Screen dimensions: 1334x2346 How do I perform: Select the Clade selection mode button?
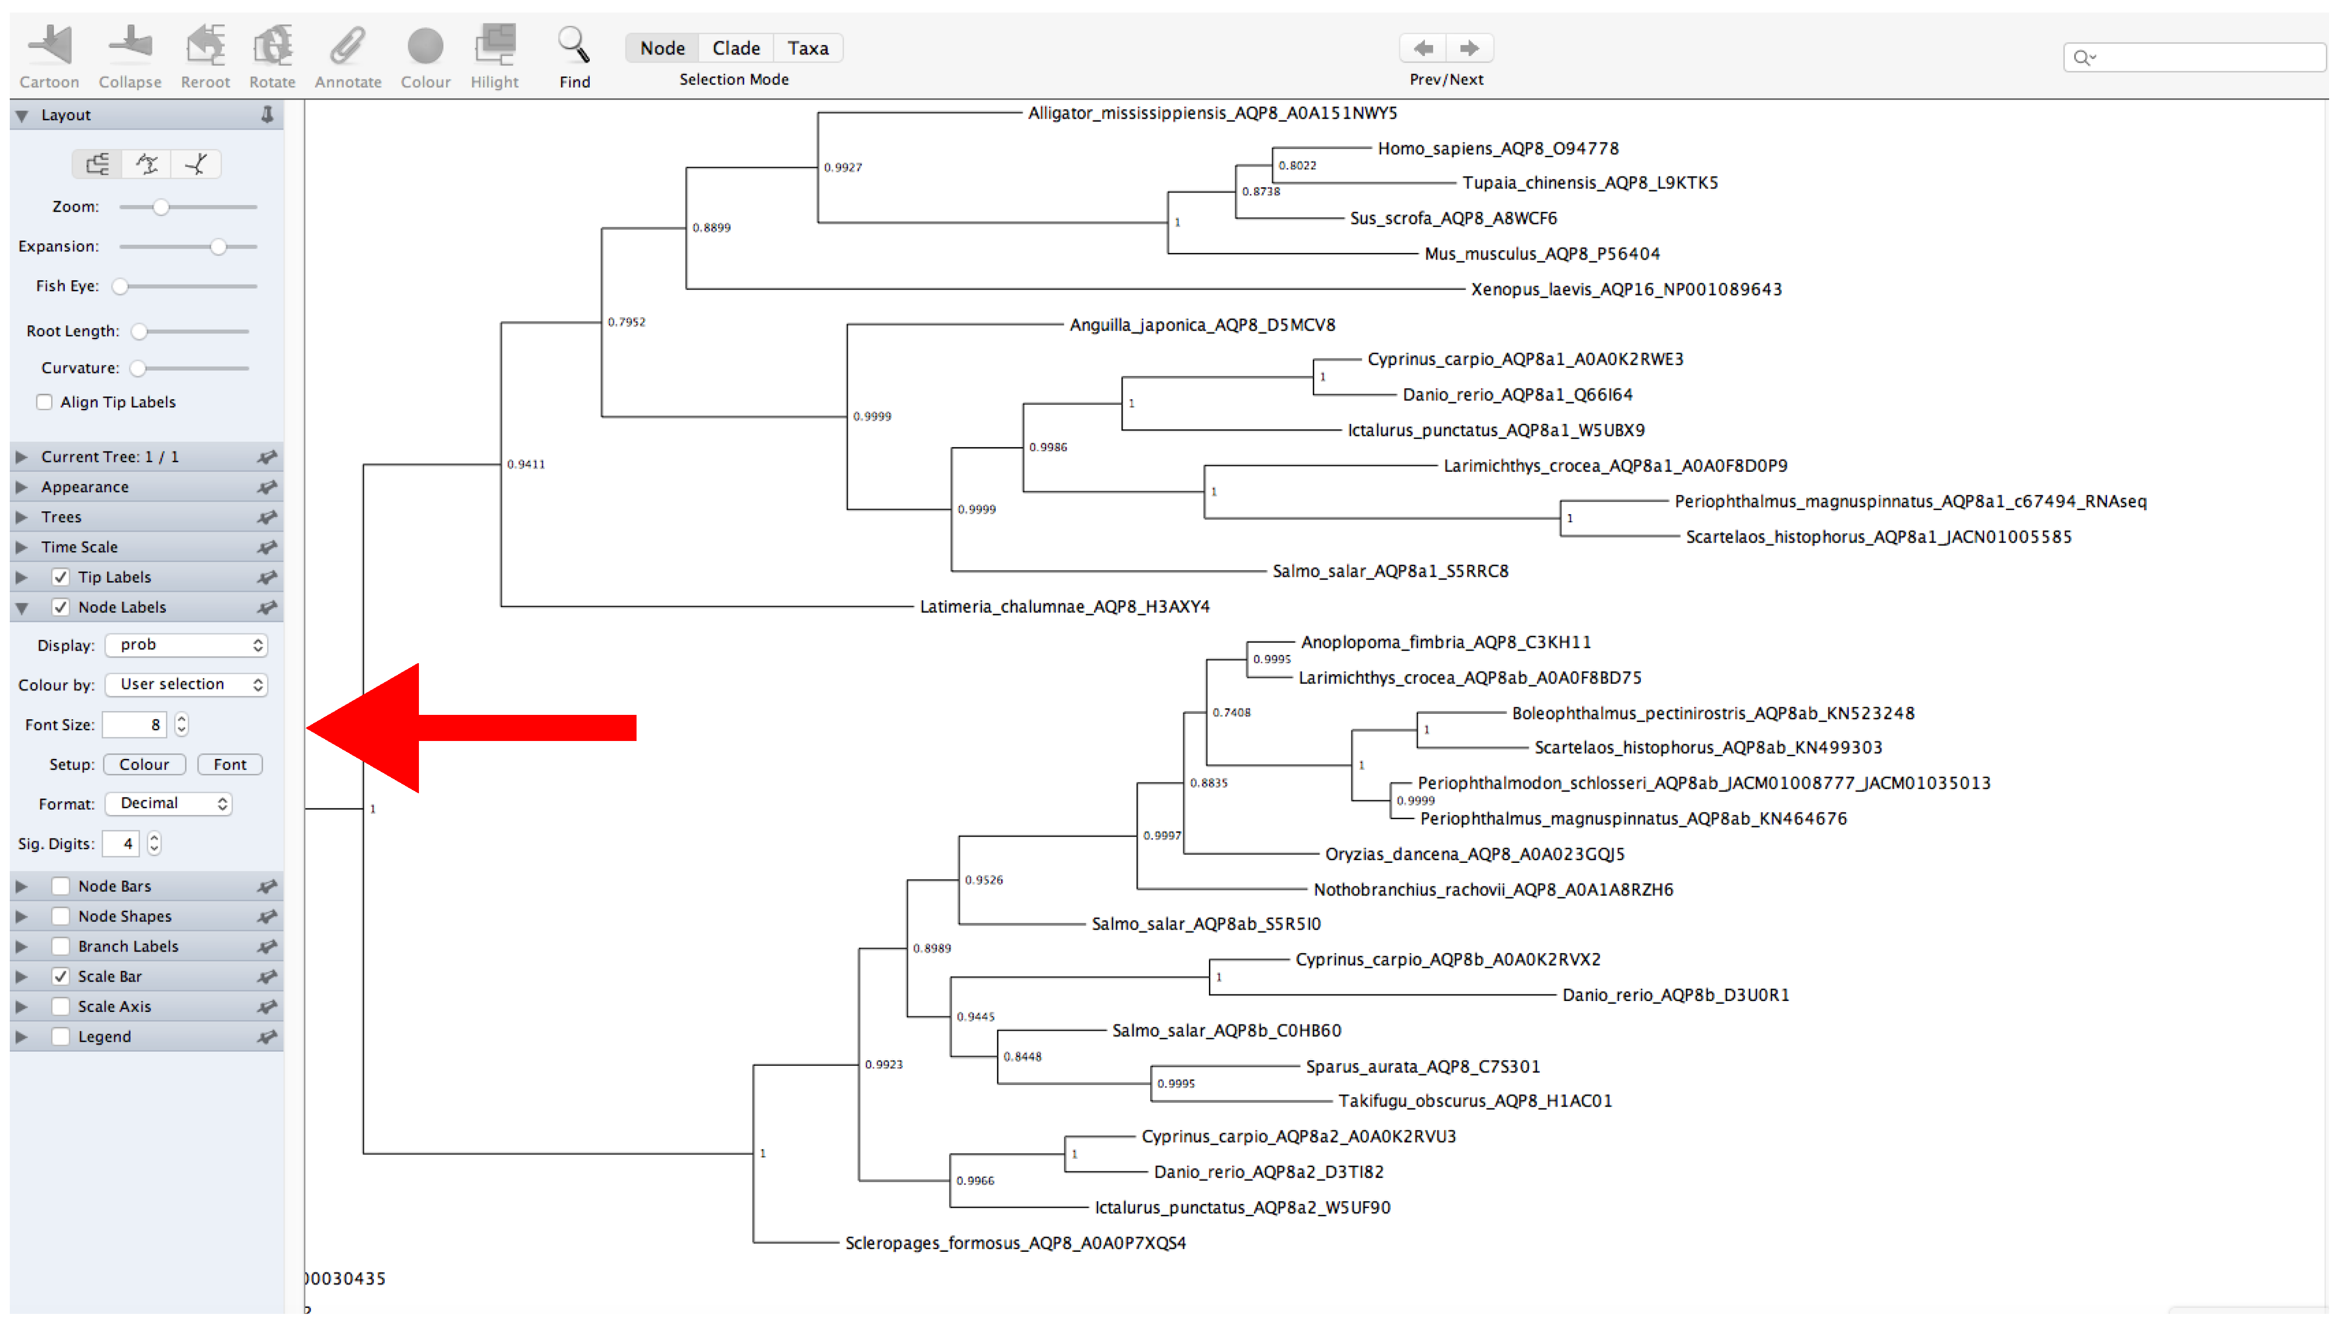pos(736,48)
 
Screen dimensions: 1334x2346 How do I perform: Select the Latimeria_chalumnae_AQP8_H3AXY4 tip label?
pos(1064,607)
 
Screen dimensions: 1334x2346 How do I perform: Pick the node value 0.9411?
pos(526,465)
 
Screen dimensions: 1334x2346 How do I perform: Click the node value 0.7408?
pos(1231,713)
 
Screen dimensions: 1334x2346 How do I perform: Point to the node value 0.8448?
pos(1022,1057)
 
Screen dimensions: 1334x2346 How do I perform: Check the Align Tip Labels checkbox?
pos(44,402)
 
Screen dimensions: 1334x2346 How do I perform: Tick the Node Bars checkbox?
pos(60,886)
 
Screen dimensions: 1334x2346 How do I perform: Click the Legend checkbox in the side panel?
pos(60,1036)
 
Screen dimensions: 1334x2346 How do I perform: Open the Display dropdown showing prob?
pos(186,645)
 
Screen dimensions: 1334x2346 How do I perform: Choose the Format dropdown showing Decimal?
pos(169,804)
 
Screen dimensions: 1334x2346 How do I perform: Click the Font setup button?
pos(230,764)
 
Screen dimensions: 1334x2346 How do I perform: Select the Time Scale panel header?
pos(79,547)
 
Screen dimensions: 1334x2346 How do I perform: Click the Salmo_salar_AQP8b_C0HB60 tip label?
pos(1226,1031)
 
